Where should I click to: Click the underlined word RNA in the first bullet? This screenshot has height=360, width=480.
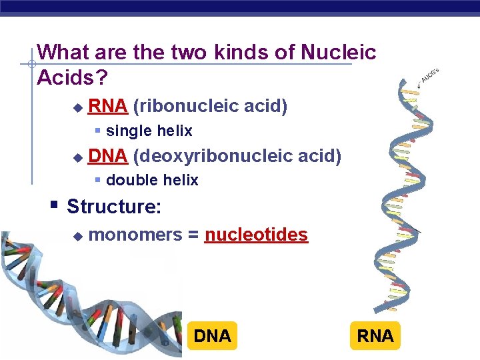(x=108, y=106)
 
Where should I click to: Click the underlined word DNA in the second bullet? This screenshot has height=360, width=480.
(x=108, y=156)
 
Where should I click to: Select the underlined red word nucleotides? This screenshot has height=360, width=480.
(x=256, y=235)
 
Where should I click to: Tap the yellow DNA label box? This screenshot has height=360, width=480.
(x=212, y=336)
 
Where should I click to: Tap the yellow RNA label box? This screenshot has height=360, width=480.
(x=375, y=336)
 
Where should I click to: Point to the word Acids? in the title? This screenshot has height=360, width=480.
(x=72, y=77)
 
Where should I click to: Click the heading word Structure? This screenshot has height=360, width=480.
(x=114, y=207)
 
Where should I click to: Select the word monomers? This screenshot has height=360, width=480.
(x=135, y=235)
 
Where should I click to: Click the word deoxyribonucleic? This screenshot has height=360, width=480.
(x=213, y=156)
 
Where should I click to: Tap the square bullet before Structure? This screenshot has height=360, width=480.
(x=55, y=204)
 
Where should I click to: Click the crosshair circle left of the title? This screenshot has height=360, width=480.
(x=31, y=65)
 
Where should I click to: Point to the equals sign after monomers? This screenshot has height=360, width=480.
(x=193, y=235)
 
